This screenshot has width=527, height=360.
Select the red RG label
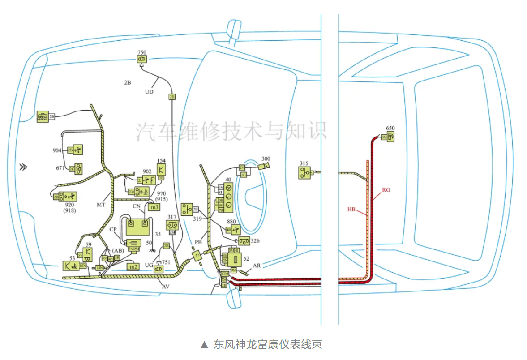tap(386, 190)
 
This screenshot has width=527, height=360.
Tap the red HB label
tap(351, 209)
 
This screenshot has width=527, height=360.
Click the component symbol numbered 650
tap(390, 137)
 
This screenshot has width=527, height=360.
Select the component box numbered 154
tap(161, 169)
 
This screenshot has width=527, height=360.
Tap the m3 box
tap(154, 207)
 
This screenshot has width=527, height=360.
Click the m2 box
tap(133, 267)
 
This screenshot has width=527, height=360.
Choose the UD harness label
tap(149, 91)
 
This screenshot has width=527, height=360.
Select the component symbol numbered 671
tap(79, 168)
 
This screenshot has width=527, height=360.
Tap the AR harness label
tap(257, 266)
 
